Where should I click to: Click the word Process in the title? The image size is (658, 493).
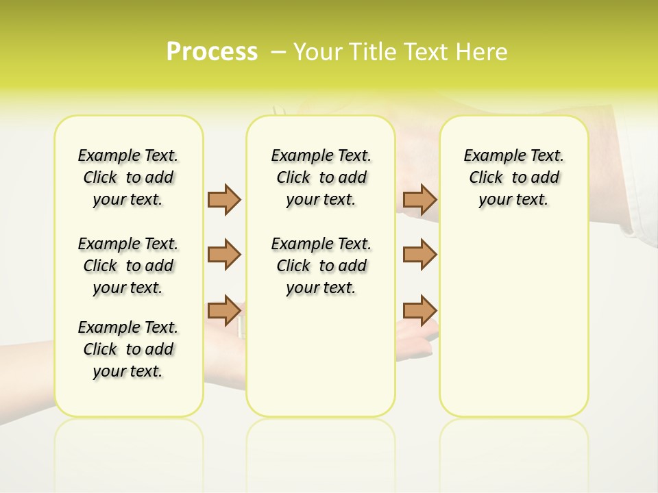(212, 52)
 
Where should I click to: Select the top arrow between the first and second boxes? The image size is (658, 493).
(224, 199)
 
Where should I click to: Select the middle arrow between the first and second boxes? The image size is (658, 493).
(224, 255)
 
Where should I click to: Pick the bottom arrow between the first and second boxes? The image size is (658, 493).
(224, 310)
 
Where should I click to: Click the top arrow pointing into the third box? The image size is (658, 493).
(419, 199)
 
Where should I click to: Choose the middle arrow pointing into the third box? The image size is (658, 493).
(419, 255)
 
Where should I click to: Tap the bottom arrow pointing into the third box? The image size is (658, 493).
(419, 310)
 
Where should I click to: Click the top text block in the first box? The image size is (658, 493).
(128, 177)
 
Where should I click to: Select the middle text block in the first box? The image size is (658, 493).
(128, 266)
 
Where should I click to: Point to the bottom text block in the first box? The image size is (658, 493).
(128, 349)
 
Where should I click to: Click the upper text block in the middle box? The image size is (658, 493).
(321, 177)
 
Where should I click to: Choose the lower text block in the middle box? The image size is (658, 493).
(321, 266)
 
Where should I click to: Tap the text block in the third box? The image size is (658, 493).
(513, 177)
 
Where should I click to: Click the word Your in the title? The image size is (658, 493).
(313, 52)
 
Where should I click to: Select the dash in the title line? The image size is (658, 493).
(278, 52)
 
